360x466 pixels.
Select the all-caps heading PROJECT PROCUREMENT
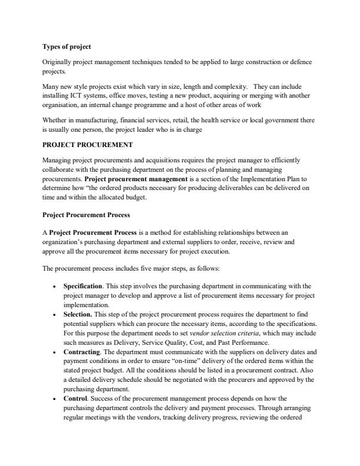88,144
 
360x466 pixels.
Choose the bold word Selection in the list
79,314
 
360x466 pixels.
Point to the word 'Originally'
56,62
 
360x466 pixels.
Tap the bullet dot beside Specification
55,286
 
